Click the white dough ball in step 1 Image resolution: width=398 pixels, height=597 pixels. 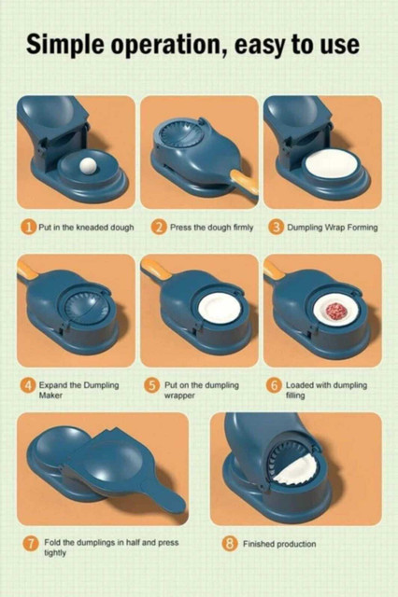(89, 166)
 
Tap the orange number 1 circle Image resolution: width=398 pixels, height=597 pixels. (28, 228)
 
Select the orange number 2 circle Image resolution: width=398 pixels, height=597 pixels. (159, 228)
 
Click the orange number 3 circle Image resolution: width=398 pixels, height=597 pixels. (276, 228)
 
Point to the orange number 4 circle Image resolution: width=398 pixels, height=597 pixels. (28, 385)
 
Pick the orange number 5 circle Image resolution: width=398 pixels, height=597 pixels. (151, 385)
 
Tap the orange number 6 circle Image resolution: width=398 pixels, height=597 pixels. (274, 385)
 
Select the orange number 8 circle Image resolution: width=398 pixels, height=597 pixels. (230, 543)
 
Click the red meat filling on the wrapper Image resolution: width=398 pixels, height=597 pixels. (336, 311)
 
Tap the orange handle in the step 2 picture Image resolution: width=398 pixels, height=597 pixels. (245, 183)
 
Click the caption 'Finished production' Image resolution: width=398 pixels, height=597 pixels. (279, 544)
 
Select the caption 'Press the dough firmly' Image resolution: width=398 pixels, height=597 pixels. (211, 228)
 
